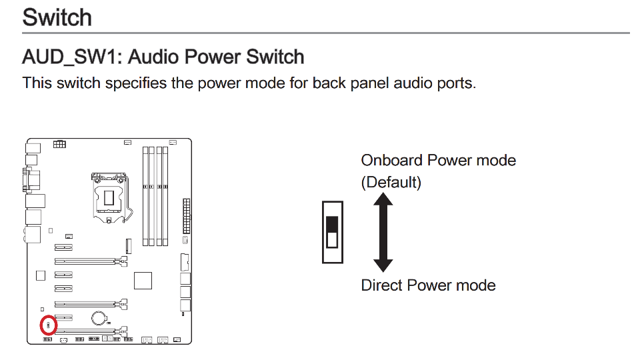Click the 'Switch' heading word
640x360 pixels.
(57, 17)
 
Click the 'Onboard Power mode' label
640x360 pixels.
(439, 161)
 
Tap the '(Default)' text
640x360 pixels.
(391, 182)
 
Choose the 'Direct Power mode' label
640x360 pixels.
(428, 285)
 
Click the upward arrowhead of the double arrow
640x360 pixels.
(383, 199)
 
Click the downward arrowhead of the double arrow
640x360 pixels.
(383, 266)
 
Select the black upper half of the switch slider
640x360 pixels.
(332, 224)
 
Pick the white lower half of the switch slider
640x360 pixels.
(332, 239)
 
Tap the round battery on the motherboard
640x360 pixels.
(99, 317)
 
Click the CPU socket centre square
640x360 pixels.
(109, 198)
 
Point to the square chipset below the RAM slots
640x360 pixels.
(143, 281)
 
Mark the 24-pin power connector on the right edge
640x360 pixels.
(187, 216)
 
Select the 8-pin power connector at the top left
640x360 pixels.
(59, 144)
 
